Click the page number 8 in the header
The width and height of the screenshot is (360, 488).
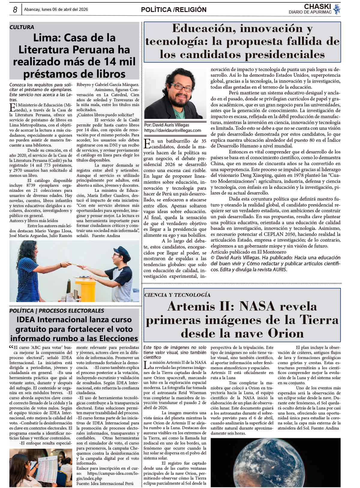[x=15, y=10]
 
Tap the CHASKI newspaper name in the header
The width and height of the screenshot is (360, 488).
[x=317, y=7]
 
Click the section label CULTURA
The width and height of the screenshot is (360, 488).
[x=22, y=27]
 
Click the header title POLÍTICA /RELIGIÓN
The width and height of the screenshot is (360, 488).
[x=174, y=10]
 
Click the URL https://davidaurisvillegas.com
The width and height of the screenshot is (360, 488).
[x=172, y=130]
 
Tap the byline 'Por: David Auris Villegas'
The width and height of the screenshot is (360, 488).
[x=166, y=125]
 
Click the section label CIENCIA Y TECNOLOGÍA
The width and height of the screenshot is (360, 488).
[x=177, y=295]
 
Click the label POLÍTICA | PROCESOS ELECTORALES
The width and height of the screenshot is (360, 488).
[x=57, y=311]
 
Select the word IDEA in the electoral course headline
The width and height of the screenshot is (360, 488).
[x=26, y=320]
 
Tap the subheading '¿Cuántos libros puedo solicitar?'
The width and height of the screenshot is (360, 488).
[x=105, y=115]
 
